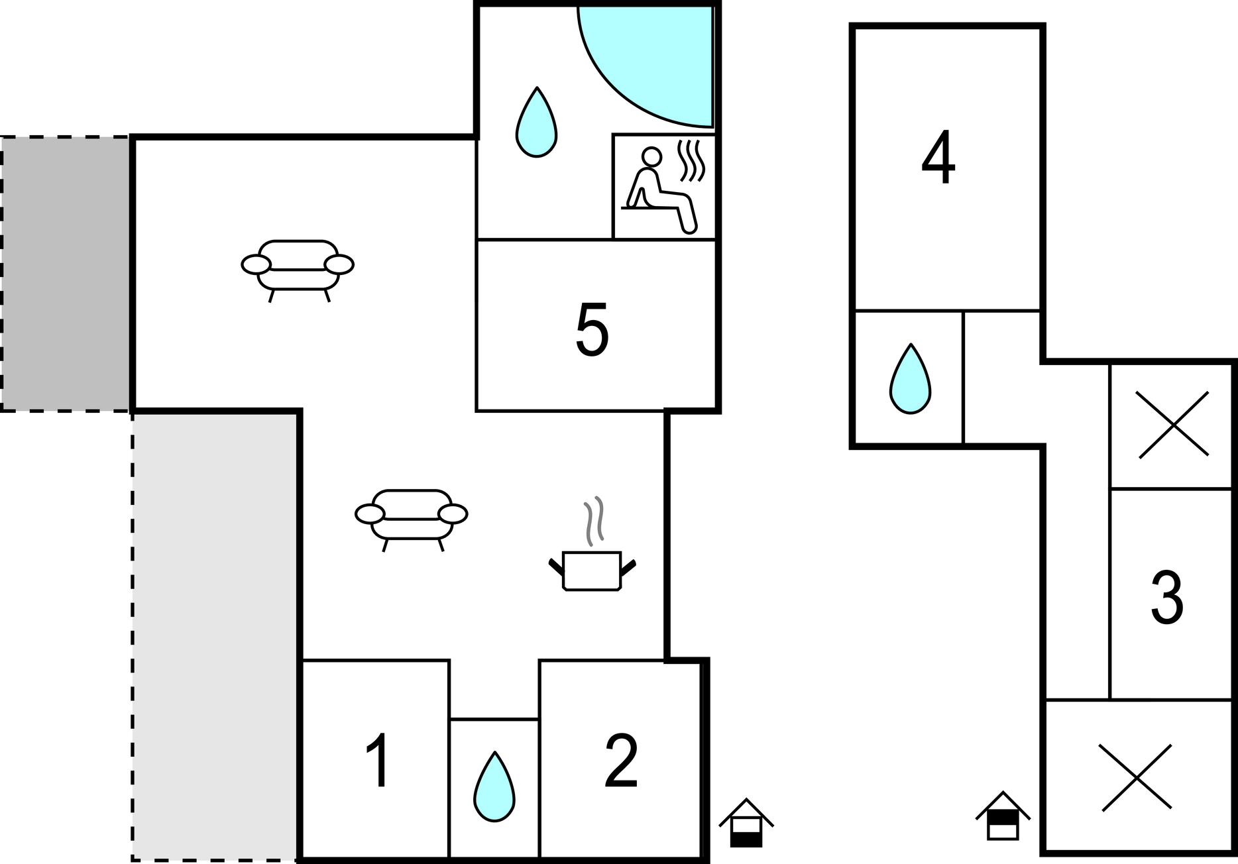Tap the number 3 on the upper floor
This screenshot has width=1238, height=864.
(x=1167, y=598)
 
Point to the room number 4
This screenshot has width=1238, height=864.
(x=938, y=158)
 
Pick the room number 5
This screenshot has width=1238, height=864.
(x=592, y=329)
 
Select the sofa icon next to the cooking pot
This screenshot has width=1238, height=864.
(x=412, y=520)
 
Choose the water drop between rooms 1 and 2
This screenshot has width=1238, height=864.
(x=494, y=787)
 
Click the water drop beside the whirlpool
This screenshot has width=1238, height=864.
(x=536, y=123)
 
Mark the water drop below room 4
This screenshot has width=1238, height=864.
(x=910, y=379)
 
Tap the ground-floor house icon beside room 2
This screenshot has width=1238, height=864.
(x=746, y=823)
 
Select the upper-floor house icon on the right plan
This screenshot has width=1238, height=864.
(x=1003, y=816)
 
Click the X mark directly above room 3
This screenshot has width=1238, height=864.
(x=1173, y=425)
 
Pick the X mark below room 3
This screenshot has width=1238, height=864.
(x=1136, y=778)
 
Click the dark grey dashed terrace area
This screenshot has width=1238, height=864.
(x=65, y=274)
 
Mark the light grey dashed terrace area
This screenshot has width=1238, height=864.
(x=215, y=636)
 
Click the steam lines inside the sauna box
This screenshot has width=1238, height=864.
(x=691, y=160)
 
